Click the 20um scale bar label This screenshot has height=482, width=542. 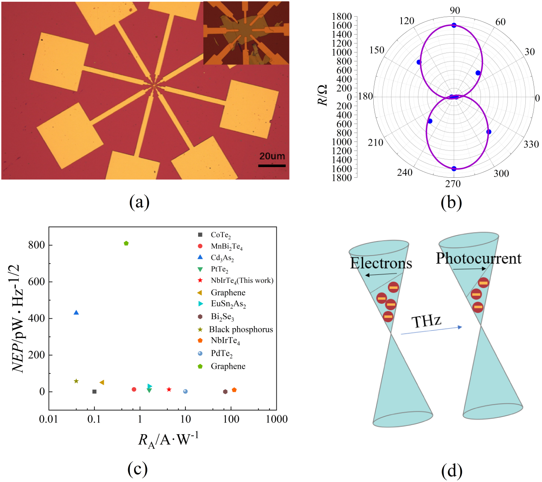(x=272, y=156)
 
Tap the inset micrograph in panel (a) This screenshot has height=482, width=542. (x=246, y=33)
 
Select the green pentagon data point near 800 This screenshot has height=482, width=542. (x=126, y=244)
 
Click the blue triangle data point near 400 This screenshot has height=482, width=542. (x=76, y=312)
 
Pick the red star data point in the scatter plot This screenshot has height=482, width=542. (x=169, y=389)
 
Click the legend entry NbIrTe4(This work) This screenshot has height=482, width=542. (x=242, y=280)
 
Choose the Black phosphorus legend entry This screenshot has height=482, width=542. (x=241, y=329)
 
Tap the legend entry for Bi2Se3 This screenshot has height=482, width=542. (x=223, y=317)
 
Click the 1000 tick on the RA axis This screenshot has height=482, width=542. (x=277, y=419)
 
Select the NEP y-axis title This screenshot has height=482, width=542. (x=19, y=318)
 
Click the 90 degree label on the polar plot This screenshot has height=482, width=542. (x=454, y=11)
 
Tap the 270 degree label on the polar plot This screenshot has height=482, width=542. (x=453, y=184)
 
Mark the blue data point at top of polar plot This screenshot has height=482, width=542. (x=454, y=25)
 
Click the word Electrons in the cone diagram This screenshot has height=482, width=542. (x=381, y=263)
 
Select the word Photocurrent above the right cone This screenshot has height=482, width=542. (x=478, y=259)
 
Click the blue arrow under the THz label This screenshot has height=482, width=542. (x=431, y=330)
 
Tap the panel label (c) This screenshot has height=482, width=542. (x=138, y=469)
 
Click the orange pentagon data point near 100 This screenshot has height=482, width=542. (x=234, y=390)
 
